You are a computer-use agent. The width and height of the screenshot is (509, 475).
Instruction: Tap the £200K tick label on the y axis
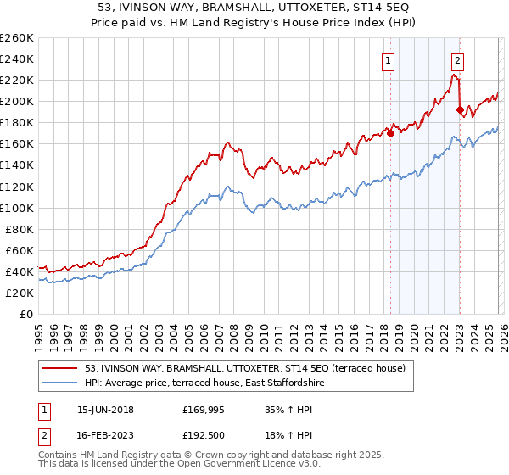click(x=16, y=101)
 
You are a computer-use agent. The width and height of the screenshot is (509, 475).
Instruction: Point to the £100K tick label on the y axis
click(x=16, y=208)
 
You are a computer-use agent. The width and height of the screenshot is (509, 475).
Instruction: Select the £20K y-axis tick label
click(x=19, y=293)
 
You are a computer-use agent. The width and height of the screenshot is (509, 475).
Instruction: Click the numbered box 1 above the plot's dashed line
click(x=389, y=60)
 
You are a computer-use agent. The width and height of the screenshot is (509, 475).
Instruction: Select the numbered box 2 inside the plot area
click(x=457, y=60)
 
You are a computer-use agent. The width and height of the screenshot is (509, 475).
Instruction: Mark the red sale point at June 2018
click(x=390, y=132)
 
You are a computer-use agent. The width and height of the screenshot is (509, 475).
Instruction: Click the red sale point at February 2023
click(x=460, y=109)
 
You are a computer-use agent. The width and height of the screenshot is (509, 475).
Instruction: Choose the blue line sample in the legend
click(x=60, y=383)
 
